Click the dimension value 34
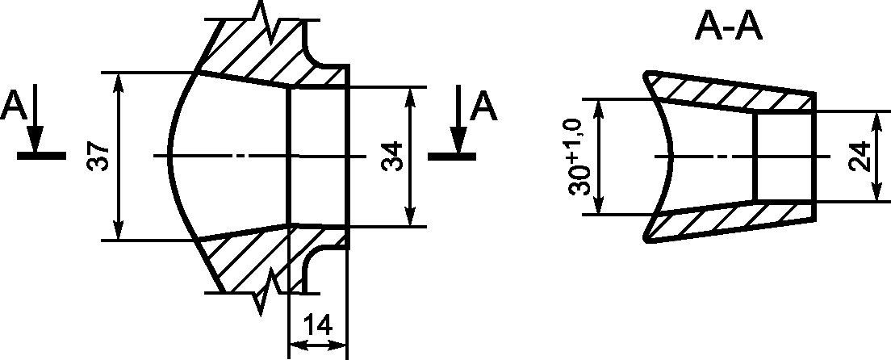[392, 156]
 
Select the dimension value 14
[318, 325]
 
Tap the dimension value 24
[861, 156]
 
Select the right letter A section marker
[484, 107]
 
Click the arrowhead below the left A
[36, 139]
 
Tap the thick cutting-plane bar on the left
[41, 156]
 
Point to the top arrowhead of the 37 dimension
[118, 84]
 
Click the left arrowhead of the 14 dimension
[299, 345]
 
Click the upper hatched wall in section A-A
[731, 94]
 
